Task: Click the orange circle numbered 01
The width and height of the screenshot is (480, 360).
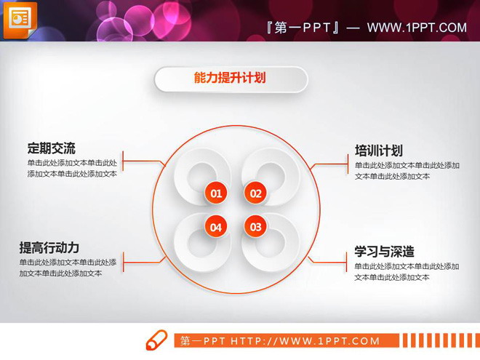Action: pyautogui.click(x=215, y=193)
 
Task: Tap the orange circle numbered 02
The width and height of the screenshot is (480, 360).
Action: pyautogui.click(x=255, y=193)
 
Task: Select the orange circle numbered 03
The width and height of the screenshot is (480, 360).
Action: pyautogui.click(x=255, y=227)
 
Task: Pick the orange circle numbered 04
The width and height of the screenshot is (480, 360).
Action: pyautogui.click(x=215, y=227)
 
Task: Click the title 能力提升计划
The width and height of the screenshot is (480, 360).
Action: pyautogui.click(x=230, y=79)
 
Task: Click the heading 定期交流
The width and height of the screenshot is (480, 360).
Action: pyautogui.click(x=51, y=148)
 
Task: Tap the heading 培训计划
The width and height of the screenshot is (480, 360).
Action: pyautogui.click(x=378, y=151)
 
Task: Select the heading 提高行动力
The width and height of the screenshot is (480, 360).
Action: pyautogui.click(x=49, y=247)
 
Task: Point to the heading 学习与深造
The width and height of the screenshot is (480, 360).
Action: pyautogui.click(x=384, y=252)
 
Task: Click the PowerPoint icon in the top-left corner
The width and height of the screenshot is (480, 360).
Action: pyautogui.click(x=20, y=19)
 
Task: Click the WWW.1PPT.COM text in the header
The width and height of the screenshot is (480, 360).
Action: pyautogui.click(x=417, y=28)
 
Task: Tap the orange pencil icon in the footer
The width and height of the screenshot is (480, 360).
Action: pyautogui.click(x=156, y=340)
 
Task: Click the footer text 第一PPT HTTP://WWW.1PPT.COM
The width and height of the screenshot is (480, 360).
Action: pyautogui.click(x=280, y=341)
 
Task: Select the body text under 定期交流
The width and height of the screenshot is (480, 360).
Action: pyautogui.click(x=72, y=169)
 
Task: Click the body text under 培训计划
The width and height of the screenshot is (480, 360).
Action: pyautogui.click(x=407, y=171)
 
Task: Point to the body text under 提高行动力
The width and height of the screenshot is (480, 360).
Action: pyautogui.click(x=68, y=268)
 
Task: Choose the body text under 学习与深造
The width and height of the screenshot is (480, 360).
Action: pyautogui.click(x=407, y=272)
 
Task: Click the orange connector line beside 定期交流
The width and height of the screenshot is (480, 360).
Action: pyautogui.click(x=143, y=161)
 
